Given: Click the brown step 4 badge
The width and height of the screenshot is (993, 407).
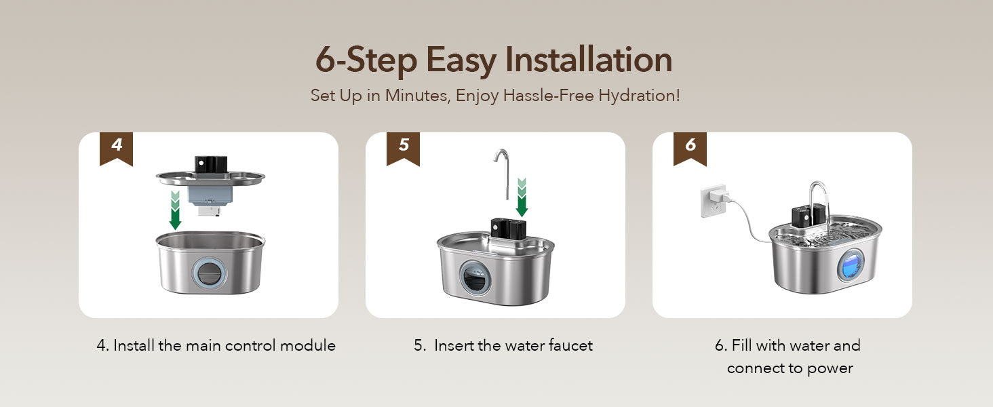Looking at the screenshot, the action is tap(116, 149).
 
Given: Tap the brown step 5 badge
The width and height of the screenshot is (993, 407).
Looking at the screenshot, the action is tap(403, 149).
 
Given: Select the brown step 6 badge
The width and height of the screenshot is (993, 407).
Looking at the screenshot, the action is tap(690, 149).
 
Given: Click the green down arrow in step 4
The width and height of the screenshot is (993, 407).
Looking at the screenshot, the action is tap(176, 210).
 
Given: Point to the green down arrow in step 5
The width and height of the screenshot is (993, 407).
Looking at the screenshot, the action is tap(522, 198).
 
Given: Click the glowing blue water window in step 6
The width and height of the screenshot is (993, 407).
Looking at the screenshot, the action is tap(850, 265).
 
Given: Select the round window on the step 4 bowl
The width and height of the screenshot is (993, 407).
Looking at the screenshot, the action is tap(209, 273).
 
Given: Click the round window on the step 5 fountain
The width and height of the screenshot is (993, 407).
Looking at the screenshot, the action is tap(475, 276).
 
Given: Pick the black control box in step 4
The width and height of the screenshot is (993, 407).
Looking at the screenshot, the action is tap(211, 164).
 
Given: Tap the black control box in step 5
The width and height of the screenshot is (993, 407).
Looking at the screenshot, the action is tap(509, 229).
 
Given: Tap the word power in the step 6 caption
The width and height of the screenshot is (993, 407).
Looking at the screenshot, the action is tap(830, 368).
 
